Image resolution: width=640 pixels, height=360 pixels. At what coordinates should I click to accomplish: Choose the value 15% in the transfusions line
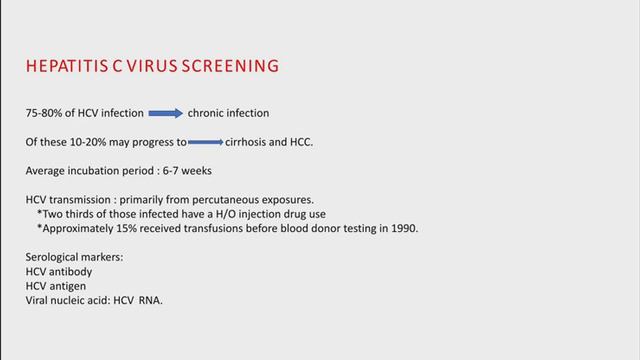coord(123,227)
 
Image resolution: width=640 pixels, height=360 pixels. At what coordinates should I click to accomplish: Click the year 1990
coord(405,227)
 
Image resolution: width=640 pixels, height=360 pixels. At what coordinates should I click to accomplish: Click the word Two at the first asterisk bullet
coord(53,213)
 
